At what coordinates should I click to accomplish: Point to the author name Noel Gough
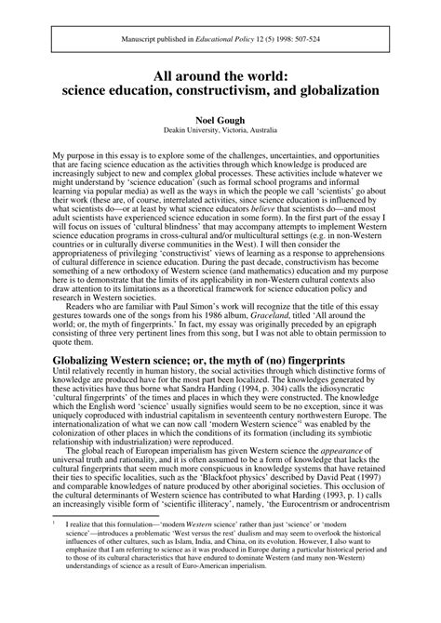[220, 119]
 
